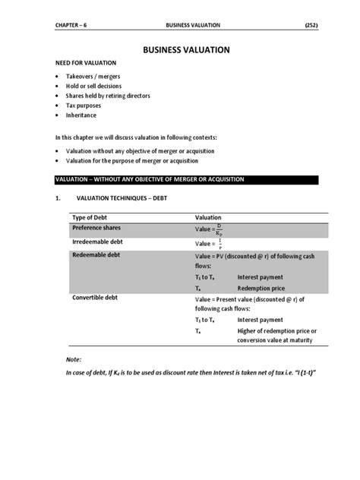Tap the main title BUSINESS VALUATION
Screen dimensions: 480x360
[x=181, y=49]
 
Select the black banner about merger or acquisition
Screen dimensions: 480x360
[x=181, y=179]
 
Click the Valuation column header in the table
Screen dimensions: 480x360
[x=208, y=217]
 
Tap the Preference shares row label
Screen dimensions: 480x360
[x=96, y=228]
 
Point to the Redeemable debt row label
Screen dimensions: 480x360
[x=95, y=255]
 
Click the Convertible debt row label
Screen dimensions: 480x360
[x=95, y=298]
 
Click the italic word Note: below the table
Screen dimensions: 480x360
[x=73, y=358]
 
